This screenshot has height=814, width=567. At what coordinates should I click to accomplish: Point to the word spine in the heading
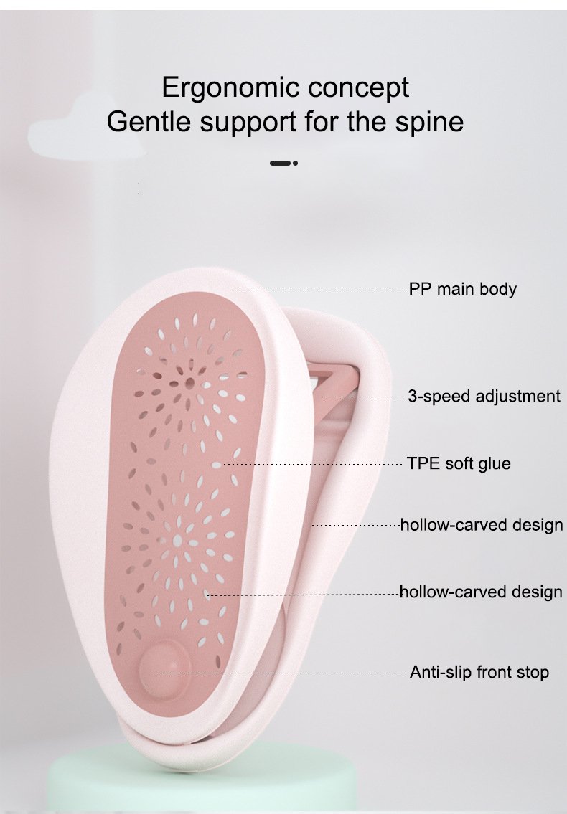pyautogui.click(x=428, y=121)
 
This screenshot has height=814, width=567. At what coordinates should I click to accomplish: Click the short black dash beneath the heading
pyautogui.click(x=280, y=164)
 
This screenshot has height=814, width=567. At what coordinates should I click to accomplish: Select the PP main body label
pyautogui.click(x=462, y=289)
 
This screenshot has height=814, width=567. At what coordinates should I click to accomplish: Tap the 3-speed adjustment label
pyautogui.click(x=484, y=396)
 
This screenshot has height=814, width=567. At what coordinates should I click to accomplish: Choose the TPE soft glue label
pyautogui.click(x=459, y=463)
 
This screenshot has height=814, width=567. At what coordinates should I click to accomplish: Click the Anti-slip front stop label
pyautogui.click(x=479, y=673)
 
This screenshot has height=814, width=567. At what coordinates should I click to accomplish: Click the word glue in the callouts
pyautogui.click(x=495, y=463)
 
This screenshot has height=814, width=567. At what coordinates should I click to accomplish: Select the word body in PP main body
pyautogui.click(x=499, y=289)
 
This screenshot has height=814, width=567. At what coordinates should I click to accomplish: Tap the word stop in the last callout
pyautogui.click(x=533, y=673)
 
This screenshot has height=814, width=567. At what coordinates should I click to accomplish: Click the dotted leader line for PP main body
pyautogui.click(x=316, y=290)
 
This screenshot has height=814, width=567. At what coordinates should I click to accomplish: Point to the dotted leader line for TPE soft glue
pyautogui.click(x=316, y=464)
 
